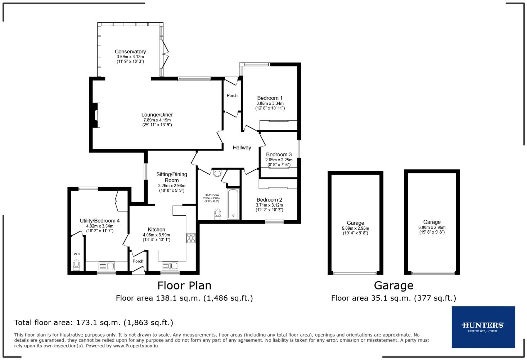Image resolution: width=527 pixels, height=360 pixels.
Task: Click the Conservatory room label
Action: click(x=130, y=51)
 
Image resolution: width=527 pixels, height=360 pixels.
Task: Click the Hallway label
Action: click(x=242, y=148)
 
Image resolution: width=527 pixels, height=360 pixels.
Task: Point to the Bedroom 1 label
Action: click(x=270, y=98)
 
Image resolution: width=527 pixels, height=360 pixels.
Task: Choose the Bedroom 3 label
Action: click(x=279, y=154)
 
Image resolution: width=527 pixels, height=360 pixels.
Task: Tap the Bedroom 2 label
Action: click(x=269, y=200)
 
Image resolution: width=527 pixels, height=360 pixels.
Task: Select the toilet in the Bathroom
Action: click(x=217, y=214)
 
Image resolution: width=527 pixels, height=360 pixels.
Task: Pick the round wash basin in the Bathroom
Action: click(x=217, y=174)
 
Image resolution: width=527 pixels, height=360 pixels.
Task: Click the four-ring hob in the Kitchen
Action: click(x=191, y=238)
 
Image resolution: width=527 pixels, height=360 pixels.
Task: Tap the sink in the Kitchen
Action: click(x=170, y=266)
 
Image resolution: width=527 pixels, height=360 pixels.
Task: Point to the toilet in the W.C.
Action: click(x=76, y=265)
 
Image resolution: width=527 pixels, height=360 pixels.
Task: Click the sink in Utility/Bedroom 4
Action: click(x=107, y=266)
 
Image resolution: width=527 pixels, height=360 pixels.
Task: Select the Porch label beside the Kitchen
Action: click(x=138, y=261)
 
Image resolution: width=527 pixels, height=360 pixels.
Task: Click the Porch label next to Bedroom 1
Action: click(x=232, y=95)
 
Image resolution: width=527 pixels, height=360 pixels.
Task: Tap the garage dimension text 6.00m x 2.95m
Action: click(x=432, y=227)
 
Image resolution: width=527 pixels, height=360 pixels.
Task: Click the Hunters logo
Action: click(x=483, y=327)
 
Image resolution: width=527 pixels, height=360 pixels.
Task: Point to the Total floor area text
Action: click(x=94, y=323)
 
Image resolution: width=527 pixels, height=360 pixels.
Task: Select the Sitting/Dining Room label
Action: click(x=172, y=177)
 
